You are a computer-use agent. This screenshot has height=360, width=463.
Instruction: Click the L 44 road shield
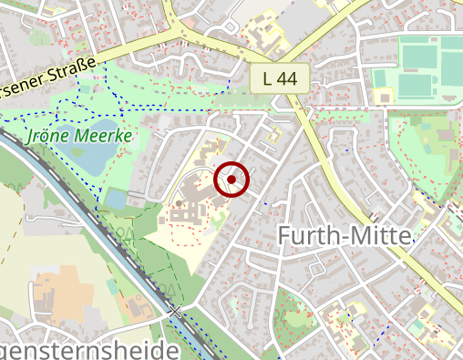[x=280, y=78]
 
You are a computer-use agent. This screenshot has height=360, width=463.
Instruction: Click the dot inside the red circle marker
[x=231, y=180]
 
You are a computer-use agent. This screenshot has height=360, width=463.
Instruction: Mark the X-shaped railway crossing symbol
[x=174, y=312]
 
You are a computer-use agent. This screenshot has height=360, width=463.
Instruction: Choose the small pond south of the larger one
[x=115, y=198]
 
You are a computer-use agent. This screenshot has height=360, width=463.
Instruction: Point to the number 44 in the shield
[x=287, y=78]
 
